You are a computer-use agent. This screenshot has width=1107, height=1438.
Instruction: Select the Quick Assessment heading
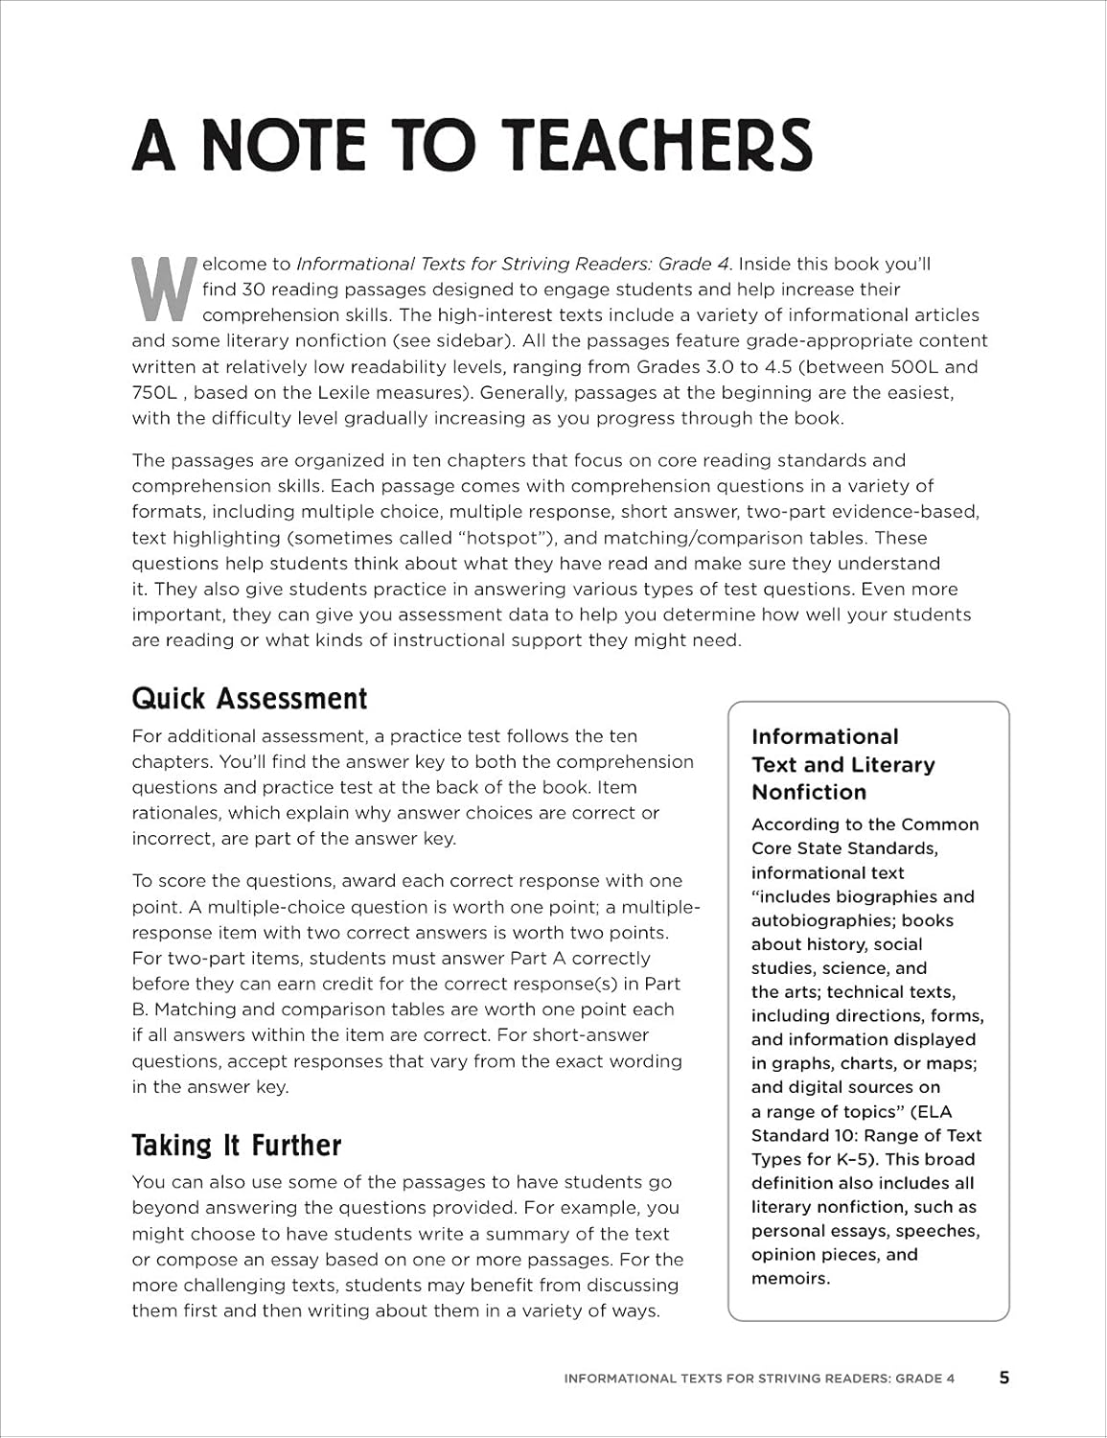tap(249, 698)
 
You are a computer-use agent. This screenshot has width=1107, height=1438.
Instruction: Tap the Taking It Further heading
tap(236, 1145)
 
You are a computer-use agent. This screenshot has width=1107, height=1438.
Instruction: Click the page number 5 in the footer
tap(1004, 1379)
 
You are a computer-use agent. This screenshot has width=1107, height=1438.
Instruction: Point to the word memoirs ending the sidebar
tap(790, 1278)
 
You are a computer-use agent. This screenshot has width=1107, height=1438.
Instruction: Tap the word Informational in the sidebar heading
tap(824, 736)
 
